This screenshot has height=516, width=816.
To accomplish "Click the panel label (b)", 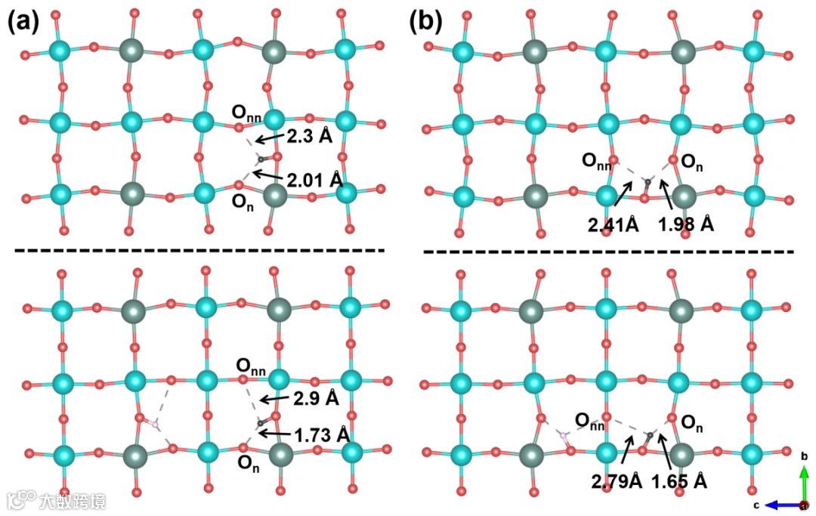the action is [x=425, y=21].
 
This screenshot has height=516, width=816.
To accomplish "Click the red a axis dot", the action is [x=804, y=505].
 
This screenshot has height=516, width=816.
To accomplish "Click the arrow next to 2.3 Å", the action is [x=269, y=139].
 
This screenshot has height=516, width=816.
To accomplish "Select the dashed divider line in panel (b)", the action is [x=608, y=251].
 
